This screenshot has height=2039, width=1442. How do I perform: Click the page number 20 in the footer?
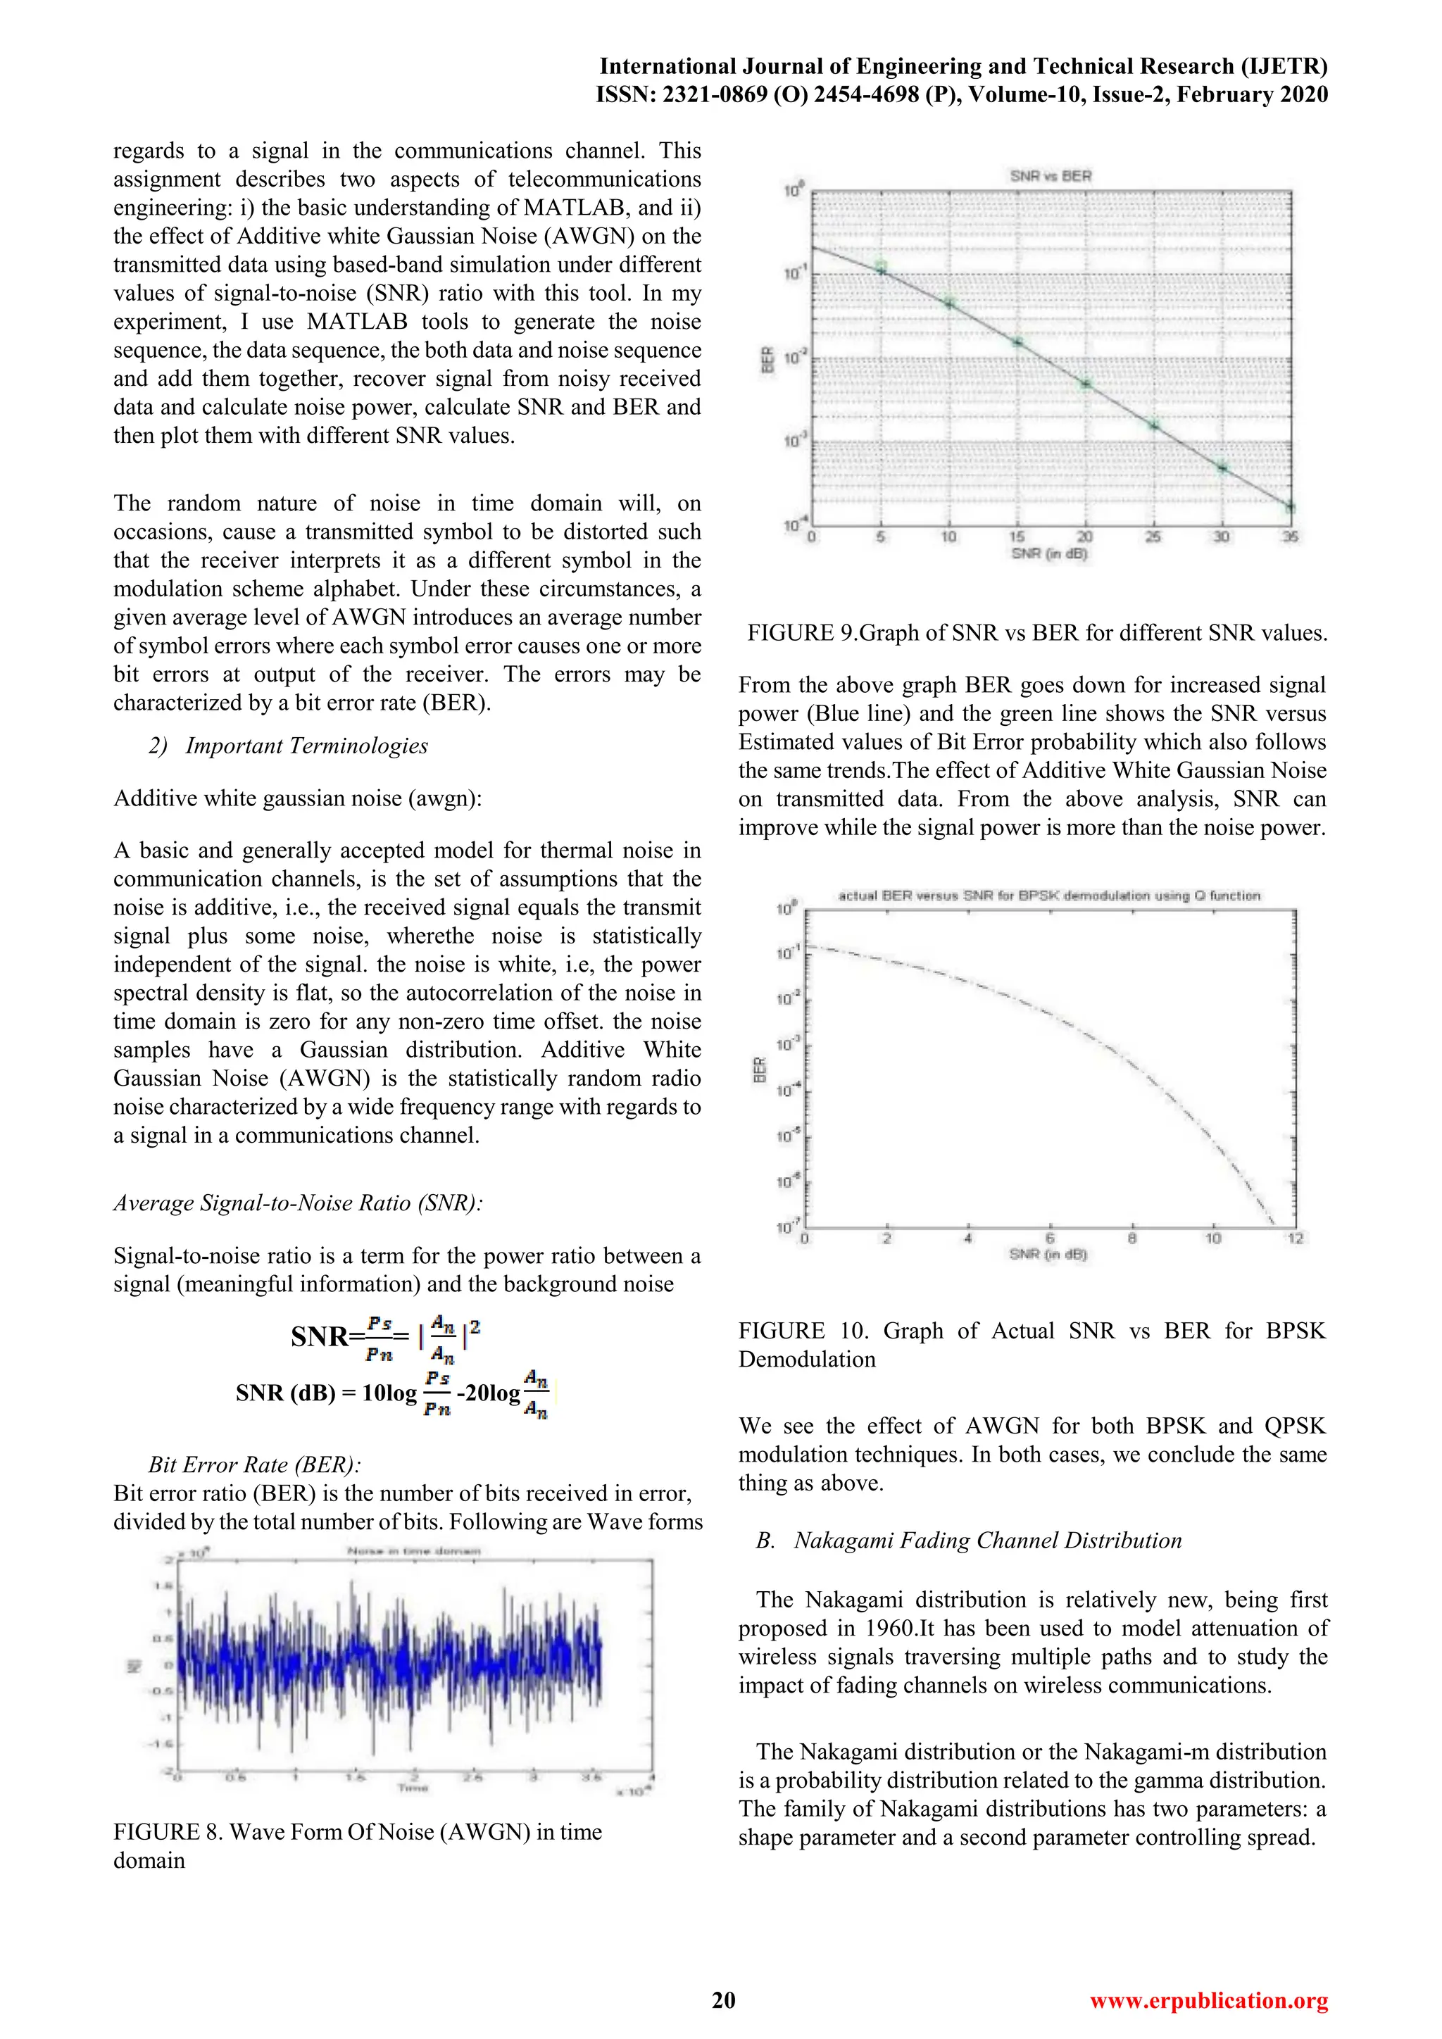pyautogui.click(x=723, y=2000)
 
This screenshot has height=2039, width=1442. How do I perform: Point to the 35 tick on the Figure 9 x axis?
pyautogui.click(x=1290, y=537)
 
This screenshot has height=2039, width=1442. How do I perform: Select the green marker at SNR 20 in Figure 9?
pyautogui.click(x=1085, y=384)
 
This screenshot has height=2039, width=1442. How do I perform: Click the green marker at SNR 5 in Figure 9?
pyautogui.click(x=881, y=266)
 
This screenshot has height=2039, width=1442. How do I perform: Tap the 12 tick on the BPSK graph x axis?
pyautogui.click(x=1296, y=1238)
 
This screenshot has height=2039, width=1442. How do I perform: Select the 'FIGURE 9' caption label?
pyautogui.click(x=802, y=633)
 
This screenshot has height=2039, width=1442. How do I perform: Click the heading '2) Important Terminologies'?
pyautogui.click(x=288, y=746)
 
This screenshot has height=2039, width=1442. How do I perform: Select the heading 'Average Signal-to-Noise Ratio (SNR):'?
pyautogui.click(x=297, y=1203)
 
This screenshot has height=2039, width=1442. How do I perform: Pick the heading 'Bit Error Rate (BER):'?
pyautogui.click(x=254, y=1464)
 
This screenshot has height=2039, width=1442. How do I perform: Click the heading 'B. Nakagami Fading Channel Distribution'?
pyautogui.click(x=969, y=1540)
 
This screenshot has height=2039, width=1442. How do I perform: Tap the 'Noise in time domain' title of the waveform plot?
pyautogui.click(x=414, y=1552)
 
